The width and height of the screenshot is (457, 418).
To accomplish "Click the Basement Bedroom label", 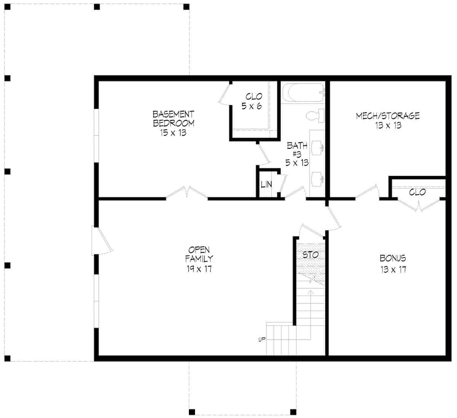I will click(173, 123).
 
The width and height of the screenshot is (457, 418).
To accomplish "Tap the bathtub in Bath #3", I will click(303, 93).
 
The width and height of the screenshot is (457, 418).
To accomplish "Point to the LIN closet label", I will click(267, 185).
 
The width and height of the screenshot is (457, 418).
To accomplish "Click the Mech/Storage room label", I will click(388, 120).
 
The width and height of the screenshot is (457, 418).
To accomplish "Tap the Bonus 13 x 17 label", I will click(393, 263).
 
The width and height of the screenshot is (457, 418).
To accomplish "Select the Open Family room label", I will click(199, 259).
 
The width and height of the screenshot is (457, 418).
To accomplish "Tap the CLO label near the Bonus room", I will click(417, 192).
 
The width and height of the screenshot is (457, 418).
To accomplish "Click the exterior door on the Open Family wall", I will click(101, 240).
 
